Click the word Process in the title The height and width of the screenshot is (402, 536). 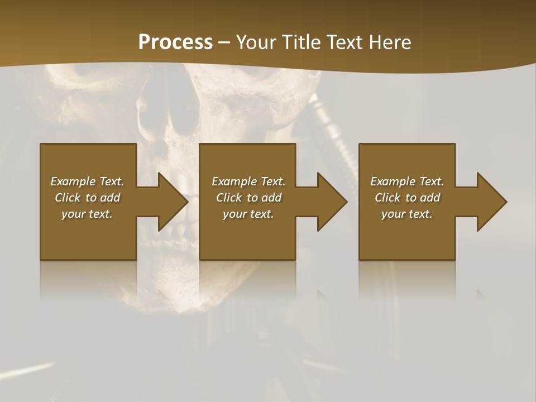(175, 42)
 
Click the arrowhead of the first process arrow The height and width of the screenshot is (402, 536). (173, 202)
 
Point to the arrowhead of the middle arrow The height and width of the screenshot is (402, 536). (332, 202)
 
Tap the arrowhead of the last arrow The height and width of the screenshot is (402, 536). (492, 202)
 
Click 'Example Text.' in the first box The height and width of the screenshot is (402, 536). (87, 181)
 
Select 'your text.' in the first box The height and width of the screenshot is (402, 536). (87, 214)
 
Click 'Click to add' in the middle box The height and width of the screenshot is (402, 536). (248, 198)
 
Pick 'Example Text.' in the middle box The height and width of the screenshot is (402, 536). (248, 181)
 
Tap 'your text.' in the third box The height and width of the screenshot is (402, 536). (407, 214)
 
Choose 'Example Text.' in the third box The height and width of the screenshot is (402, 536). (407, 181)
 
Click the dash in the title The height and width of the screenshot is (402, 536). (224, 42)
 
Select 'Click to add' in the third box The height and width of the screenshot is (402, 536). (407, 198)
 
